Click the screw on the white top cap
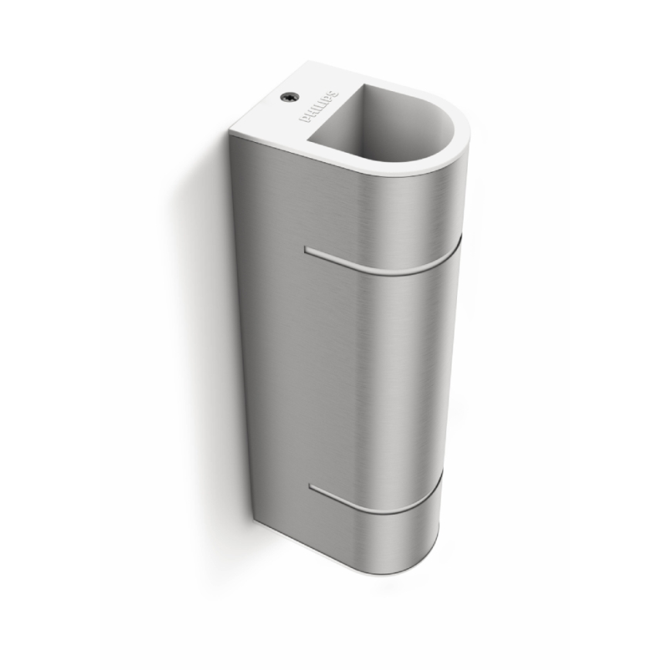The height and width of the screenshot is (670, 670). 287,97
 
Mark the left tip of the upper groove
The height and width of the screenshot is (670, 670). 307,249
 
